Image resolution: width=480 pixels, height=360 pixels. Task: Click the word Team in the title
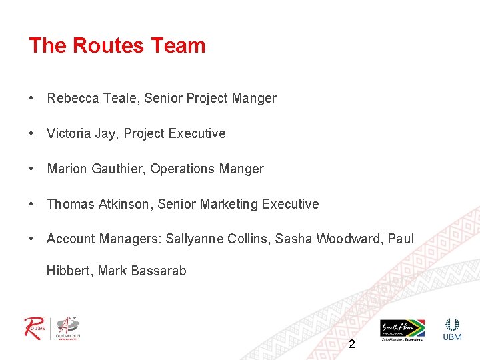[178, 46]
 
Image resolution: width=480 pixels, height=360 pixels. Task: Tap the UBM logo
[452, 329]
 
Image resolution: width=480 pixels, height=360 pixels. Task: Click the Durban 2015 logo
[68, 328]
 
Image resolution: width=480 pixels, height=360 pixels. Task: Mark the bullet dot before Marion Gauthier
[31, 169]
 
